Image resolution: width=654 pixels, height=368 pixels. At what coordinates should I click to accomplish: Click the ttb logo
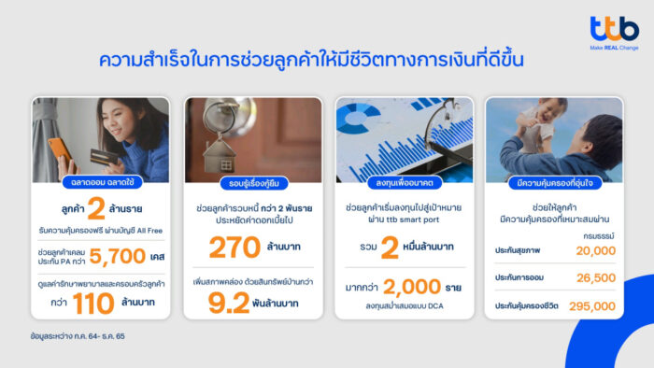(614, 28)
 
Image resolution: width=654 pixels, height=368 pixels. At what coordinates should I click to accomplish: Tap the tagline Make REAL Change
(614, 46)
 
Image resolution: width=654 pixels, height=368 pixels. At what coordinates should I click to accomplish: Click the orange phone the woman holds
(57, 149)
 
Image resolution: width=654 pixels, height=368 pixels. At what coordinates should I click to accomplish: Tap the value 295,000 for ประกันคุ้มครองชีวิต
(586, 305)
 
